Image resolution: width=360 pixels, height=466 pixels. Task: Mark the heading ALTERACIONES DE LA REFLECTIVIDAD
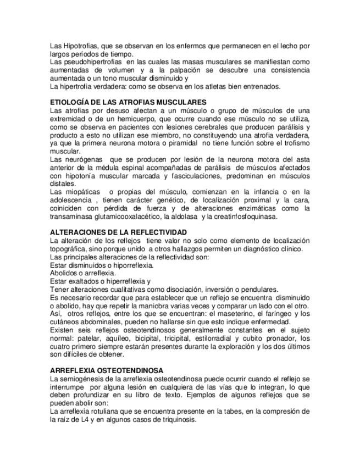pos(118,232)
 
